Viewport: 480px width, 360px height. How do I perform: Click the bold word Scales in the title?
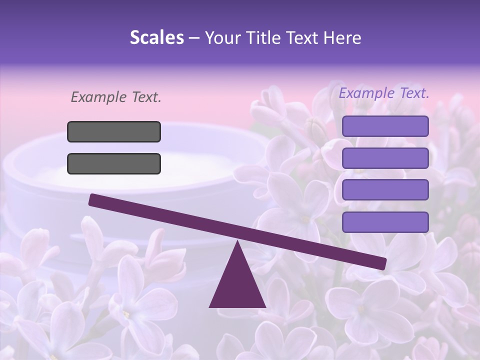(156, 37)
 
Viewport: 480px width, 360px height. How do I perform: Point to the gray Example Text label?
(115, 97)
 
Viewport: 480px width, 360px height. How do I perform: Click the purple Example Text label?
(384, 93)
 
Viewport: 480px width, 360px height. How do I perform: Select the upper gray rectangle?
(114, 131)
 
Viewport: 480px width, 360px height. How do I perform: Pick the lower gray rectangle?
(114, 163)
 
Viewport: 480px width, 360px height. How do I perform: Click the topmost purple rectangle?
(385, 126)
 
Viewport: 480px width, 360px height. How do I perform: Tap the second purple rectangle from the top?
(385, 158)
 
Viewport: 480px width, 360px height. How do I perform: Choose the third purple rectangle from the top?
(385, 190)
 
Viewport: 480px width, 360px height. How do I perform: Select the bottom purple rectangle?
(385, 222)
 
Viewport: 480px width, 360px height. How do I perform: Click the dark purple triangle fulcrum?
(237, 285)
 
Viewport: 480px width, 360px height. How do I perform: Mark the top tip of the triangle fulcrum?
(237, 243)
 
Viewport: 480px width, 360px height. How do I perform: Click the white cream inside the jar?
(135, 175)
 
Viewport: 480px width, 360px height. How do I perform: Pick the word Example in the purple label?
(366, 93)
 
